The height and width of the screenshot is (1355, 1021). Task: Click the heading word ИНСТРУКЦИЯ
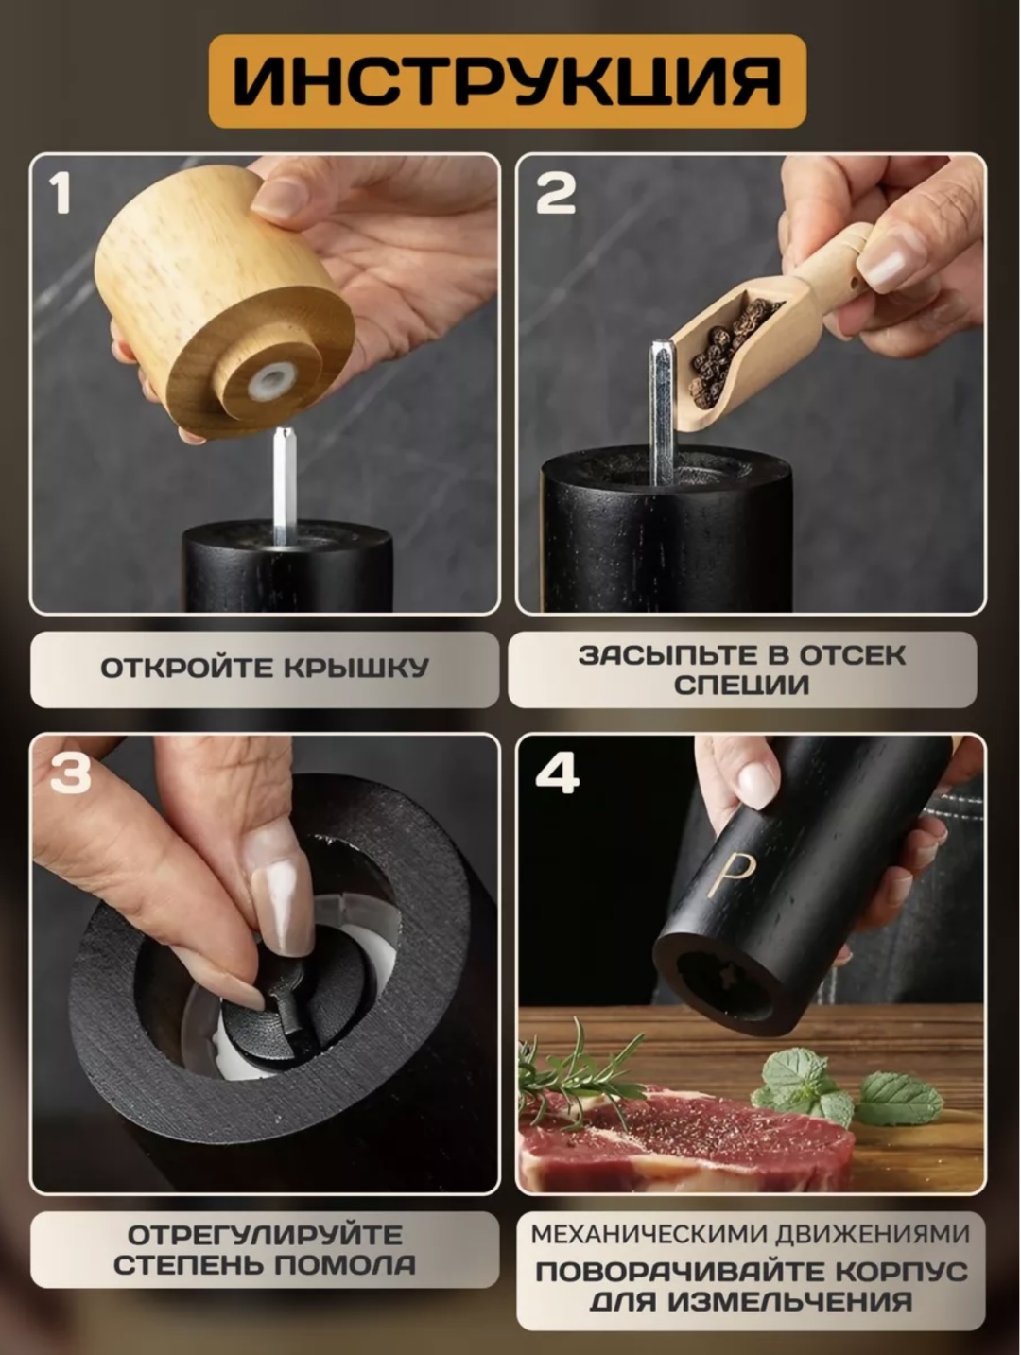coord(507,81)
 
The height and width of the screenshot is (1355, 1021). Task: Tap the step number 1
coord(61,193)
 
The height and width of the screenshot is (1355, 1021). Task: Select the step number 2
coord(556,193)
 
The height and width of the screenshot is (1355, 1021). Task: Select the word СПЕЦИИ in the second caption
coord(741,685)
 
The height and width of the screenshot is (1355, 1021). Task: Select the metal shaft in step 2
coord(662,412)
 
